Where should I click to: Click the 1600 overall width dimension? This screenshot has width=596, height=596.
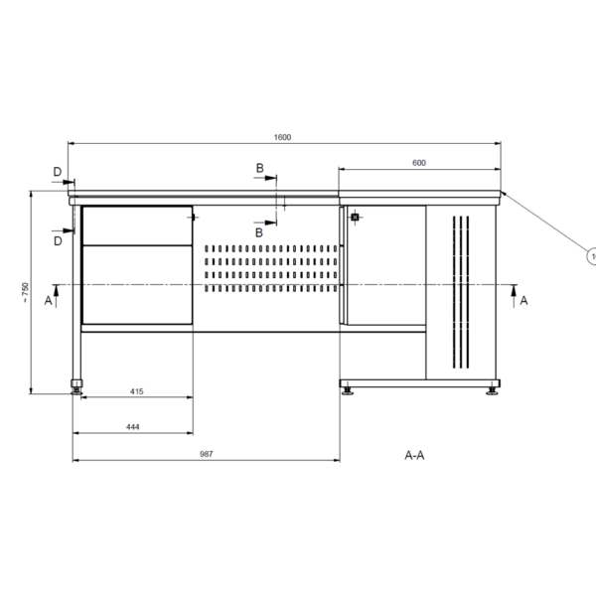282,137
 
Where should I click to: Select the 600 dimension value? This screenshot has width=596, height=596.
419,163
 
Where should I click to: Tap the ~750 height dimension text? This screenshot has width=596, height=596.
25,292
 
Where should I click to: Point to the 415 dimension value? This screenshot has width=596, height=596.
137,391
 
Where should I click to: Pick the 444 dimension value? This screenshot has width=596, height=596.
133,427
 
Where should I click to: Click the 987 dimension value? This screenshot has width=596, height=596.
206,454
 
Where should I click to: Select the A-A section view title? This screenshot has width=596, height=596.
414,455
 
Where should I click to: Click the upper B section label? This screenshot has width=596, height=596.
259,168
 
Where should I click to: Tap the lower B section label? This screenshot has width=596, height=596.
259,232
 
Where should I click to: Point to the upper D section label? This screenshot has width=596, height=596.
57,172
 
